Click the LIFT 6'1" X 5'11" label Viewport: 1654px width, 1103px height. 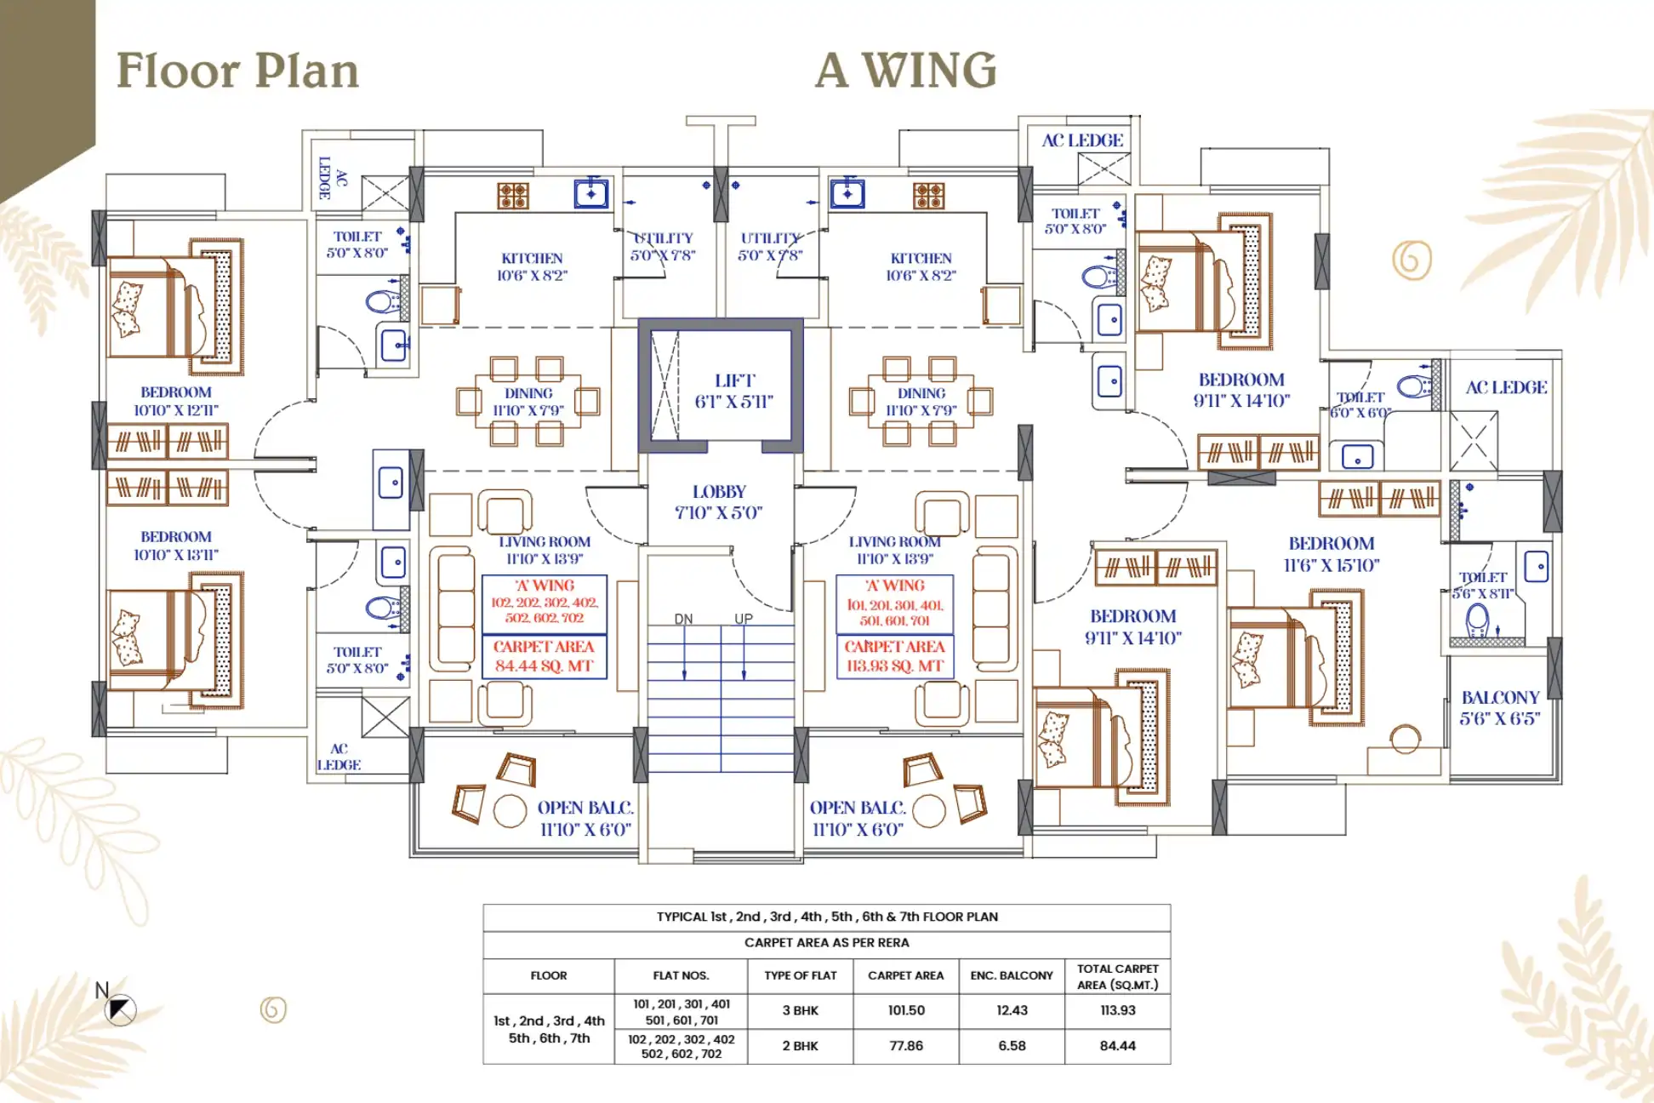(x=734, y=391)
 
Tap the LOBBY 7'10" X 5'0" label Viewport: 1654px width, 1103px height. (x=719, y=502)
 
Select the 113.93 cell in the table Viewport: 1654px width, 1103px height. (x=1117, y=1010)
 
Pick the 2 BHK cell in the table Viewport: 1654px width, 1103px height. (x=801, y=1046)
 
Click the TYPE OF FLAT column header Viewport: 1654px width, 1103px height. (x=801, y=975)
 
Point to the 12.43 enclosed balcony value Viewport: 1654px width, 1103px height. (x=1012, y=1010)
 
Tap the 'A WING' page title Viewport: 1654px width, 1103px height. (x=905, y=70)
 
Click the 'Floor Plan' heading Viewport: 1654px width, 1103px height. (x=237, y=70)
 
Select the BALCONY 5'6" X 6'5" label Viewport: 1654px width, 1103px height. (x=1500, y=708)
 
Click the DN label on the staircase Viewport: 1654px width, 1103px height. (x=683, y=619)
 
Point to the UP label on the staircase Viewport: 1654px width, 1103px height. (x=744, y=619)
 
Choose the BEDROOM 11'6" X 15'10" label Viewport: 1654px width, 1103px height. (x=1332, y=554)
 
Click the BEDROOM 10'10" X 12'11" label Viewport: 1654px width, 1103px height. (x=176, y=401)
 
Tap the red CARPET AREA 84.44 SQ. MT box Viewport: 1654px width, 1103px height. (x=545, y=657)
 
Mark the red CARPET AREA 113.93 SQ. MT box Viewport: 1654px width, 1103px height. (x=894, y=657)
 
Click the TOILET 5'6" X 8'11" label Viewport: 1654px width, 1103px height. (x=1484, y=586)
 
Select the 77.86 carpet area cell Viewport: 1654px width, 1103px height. (x=906, y=1046)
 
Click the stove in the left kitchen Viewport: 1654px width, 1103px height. (x=513, y=196)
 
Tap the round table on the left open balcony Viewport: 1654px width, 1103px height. (x=510, y=810)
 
